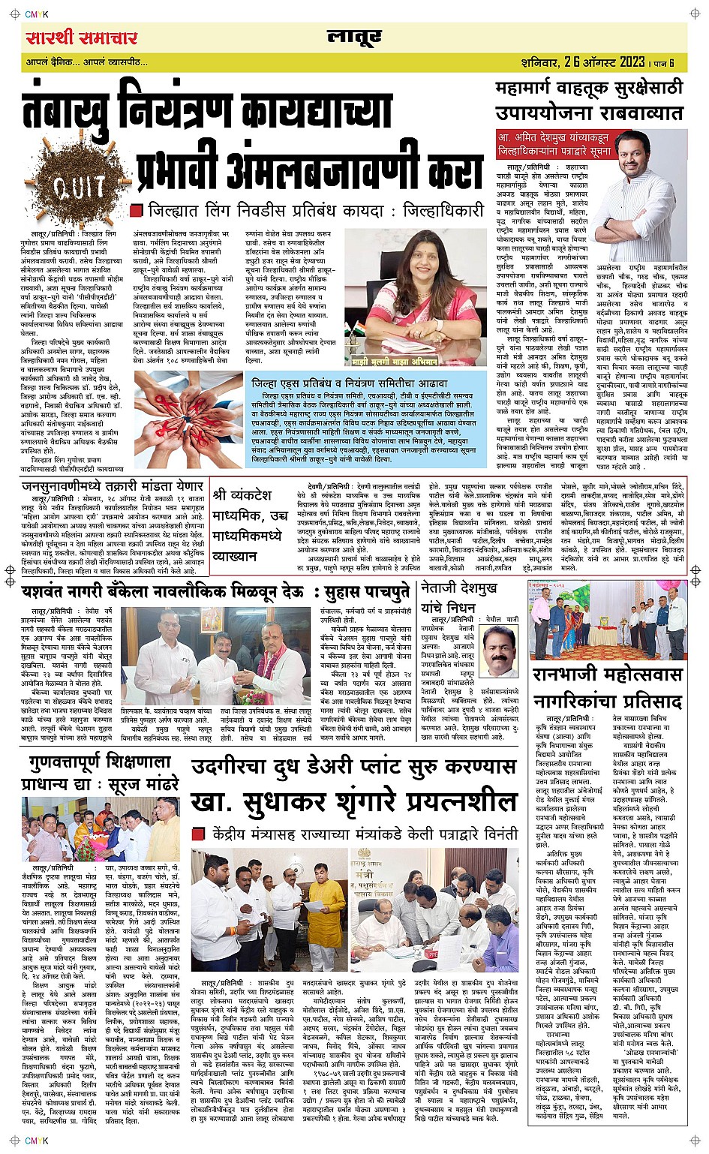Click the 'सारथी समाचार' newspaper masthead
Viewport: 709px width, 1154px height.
click(x=81, y=38)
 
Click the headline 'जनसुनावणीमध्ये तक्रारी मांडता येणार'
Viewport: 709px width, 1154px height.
click(x=113, y=486)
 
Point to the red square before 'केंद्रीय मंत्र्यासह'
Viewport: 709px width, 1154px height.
click(x=198, y=834)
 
